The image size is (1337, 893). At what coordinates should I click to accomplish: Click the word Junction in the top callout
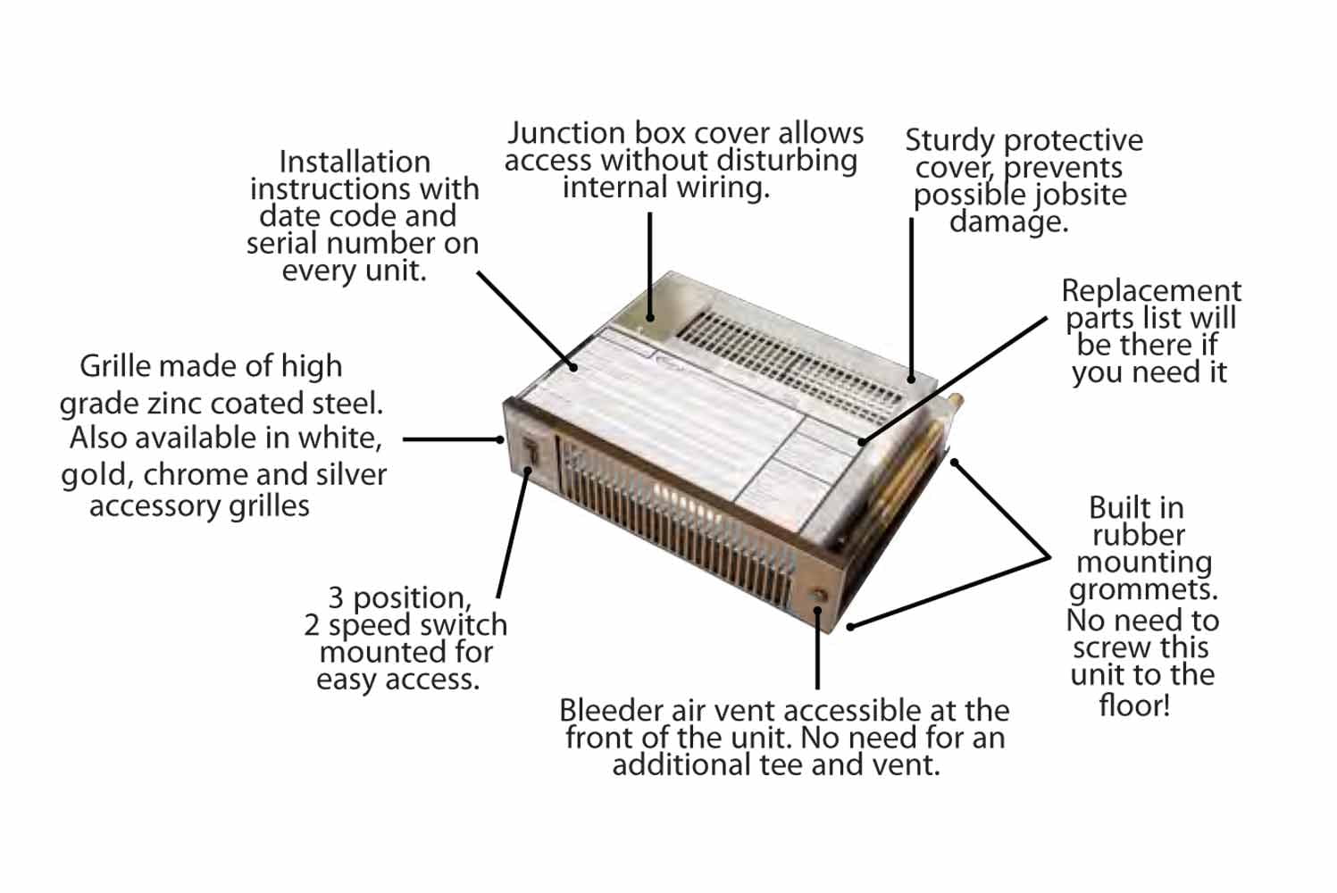(566, 134)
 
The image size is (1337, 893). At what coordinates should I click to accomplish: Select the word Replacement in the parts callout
(1150, 291)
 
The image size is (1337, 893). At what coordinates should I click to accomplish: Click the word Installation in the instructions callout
(355, 163)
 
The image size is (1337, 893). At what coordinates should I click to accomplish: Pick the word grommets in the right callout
(1142, 590)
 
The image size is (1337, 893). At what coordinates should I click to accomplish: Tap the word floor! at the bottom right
(1133, 705)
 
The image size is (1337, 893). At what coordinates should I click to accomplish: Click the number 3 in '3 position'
(336, 597)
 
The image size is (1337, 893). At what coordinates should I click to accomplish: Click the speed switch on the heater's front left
(530, 450)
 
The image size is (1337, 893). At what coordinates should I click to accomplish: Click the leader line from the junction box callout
(649, 259)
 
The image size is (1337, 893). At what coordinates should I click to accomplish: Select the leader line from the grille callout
(451, 439)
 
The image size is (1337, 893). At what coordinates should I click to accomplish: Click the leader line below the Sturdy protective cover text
(911, 295)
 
